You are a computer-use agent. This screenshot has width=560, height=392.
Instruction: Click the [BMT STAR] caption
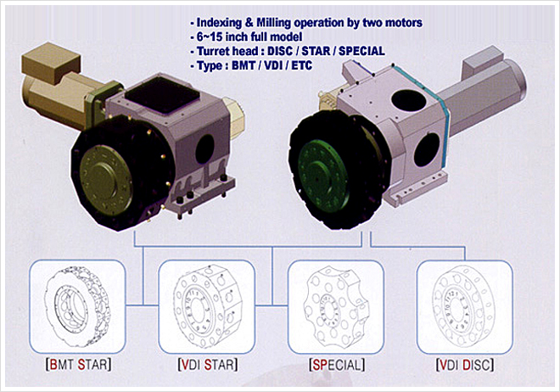coord(78,365)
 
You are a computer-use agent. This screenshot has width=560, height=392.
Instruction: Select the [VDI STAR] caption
coord(208,365)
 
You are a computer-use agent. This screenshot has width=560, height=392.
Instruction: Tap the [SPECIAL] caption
coord(337,365)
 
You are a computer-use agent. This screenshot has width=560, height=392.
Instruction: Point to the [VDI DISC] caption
coord(465,365)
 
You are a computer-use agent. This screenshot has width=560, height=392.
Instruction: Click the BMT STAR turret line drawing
coord(77,306)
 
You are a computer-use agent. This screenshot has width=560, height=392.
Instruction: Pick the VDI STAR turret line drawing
coord(207,306)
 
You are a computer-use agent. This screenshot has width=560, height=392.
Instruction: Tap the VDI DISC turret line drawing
coord(463,306)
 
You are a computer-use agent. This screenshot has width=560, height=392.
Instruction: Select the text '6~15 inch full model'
coord(249,36)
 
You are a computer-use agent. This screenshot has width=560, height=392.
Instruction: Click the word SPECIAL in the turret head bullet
coord(361,51)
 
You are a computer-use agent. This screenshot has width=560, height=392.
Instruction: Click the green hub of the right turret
coord(323,174)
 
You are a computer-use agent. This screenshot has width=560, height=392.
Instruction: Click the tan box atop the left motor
coord(51,63)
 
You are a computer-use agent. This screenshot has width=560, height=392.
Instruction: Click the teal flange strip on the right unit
coord(433,115)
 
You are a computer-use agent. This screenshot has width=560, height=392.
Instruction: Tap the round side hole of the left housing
coord(204,148)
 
